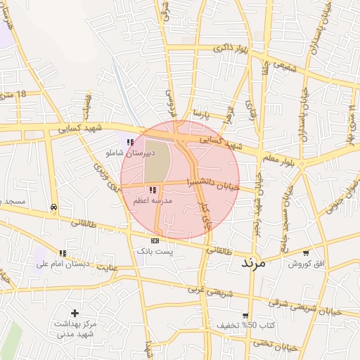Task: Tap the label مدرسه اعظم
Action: pyautogui.click(x=153, y=200)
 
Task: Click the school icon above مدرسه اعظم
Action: pyautogui.click(x=153, y=190)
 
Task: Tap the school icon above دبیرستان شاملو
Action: pyautogui.click(x=130, y=142)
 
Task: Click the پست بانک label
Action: pyautogui.click(x=155, y=250)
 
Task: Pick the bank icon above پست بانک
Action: pyautogui.click(x=155, y=240)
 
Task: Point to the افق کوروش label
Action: pyautogui.click(x=307, y=263)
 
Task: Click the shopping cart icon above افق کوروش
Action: pyautogui.click(x=306, y=252)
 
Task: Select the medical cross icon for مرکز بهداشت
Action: pyautogui.click(x=75, y=313)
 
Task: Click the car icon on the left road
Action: pyautogui.click(x=54, y=207)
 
